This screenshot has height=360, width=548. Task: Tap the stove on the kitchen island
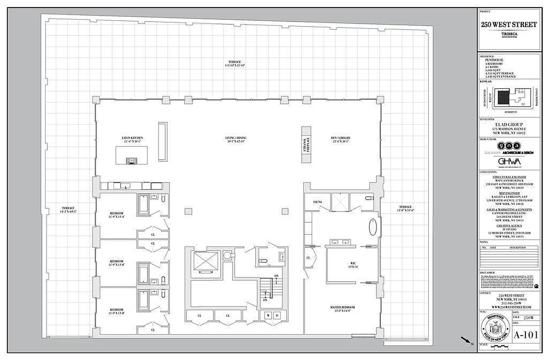click(x=132, y=160)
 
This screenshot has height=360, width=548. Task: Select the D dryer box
click(x=277, y=315)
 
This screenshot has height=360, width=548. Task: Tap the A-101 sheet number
click(x=525, y=335)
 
